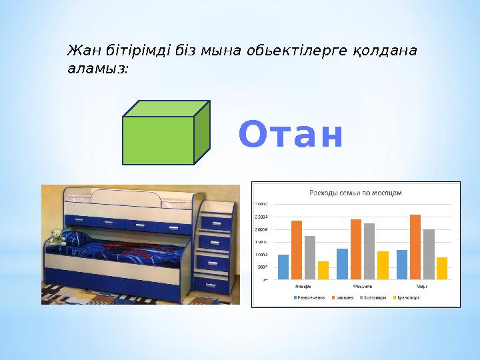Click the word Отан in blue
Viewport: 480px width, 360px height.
(x=291, y=135)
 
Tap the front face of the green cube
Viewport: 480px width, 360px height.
(x=158, y=140)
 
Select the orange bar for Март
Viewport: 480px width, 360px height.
(x=415, y=247)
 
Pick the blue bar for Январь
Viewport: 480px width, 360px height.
(x=283, y=267)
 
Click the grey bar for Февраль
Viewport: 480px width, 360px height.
(x=369, y=251)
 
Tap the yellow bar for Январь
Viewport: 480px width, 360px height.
(x=323, y=270)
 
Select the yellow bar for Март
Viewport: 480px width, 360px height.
(x=442, y=268)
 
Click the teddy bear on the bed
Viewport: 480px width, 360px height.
(x=57, y=237)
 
